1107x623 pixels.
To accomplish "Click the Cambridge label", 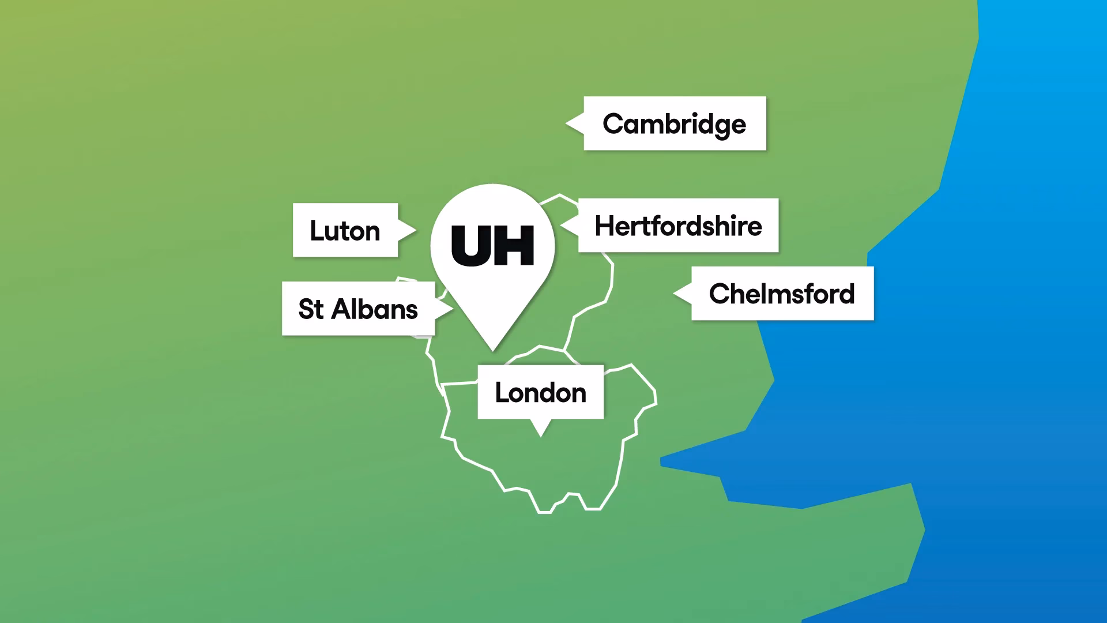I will [675, 123].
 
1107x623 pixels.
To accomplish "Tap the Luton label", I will [345, 230].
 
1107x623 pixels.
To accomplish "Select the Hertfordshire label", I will [678, 226].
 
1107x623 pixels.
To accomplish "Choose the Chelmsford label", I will [782, 294].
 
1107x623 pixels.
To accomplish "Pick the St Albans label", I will [358, 309].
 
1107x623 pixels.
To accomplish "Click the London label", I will [540, 392].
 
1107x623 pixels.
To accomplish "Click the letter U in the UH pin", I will [471, 246].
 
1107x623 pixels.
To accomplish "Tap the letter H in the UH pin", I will [514, 246].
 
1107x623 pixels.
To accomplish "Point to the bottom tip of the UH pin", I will [493, 348].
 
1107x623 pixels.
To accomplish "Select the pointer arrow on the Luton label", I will [407, 230].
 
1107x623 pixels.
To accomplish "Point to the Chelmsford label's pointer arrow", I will [683, 293].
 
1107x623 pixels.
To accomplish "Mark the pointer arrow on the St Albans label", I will [444, 309].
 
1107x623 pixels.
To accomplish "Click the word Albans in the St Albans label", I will [375, 309].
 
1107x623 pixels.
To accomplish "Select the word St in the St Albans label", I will [311, 309].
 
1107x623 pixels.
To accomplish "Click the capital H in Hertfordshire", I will [605, 226].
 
